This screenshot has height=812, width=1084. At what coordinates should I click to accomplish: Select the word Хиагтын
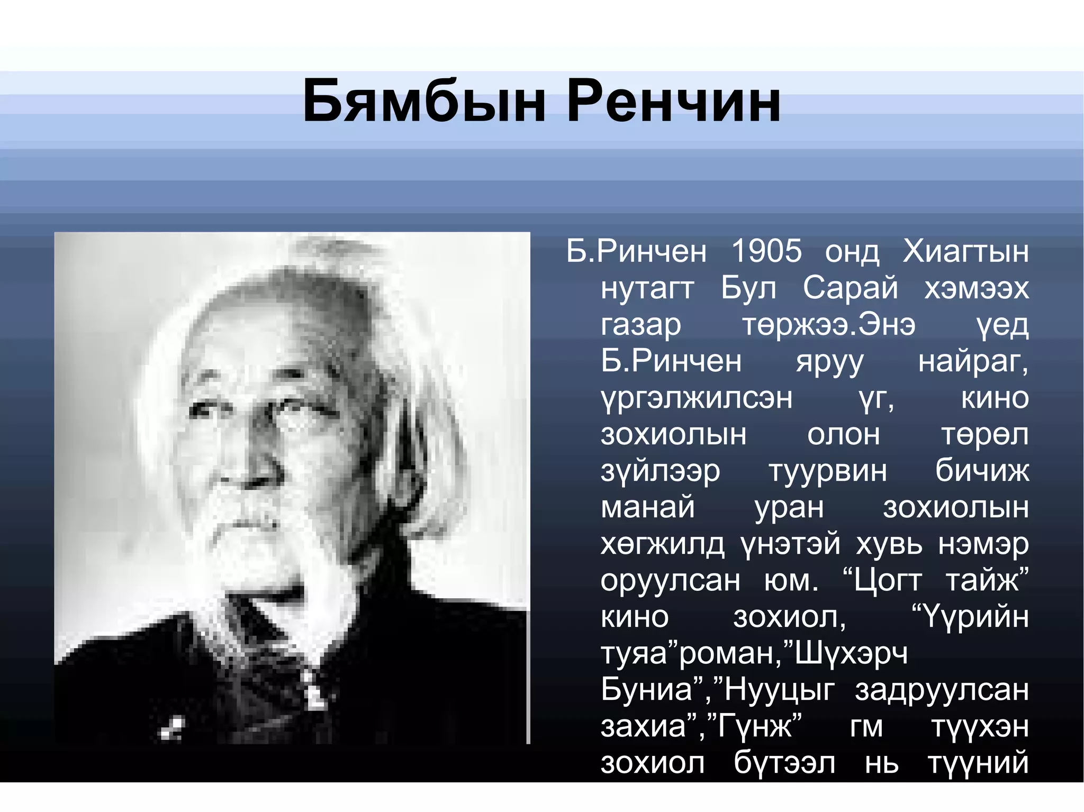pyautogui.click(x=965, y=252)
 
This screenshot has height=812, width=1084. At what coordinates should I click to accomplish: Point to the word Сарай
pyautogui.click(x=850, y=288)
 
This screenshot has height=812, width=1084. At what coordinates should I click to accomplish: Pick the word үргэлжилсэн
pyautogui.click(x=697, y=399)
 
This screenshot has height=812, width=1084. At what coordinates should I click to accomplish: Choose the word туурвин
pyautogui.click(x=828, y=471)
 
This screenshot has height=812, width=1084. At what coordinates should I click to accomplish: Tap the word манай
pyautogui.click(x=647, y=507)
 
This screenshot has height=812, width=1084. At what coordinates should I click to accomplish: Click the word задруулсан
pyautogui.click(x=942, y=690)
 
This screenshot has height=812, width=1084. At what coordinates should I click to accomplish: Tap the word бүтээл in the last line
pyautogui.click(x=784, y=763)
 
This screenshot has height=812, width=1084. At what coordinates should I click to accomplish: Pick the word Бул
pyautogui.click(x=748, y=288)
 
